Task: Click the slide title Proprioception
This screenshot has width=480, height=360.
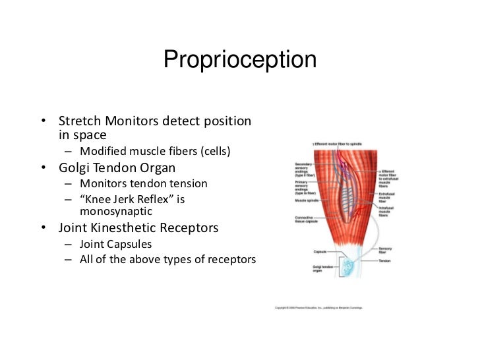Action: pyautogui.click(x=240, y=60)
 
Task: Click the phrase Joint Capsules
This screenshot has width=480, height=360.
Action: pyautogui.click(x=116, y=244)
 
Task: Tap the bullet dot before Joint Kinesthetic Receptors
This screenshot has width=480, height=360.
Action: pyautogui.click(x=44, y=228)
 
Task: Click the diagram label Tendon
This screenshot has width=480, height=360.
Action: pyautogui.click(x=386, y=260)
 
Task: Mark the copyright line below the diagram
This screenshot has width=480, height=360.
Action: pyautogui.click(x=318, y=307)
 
